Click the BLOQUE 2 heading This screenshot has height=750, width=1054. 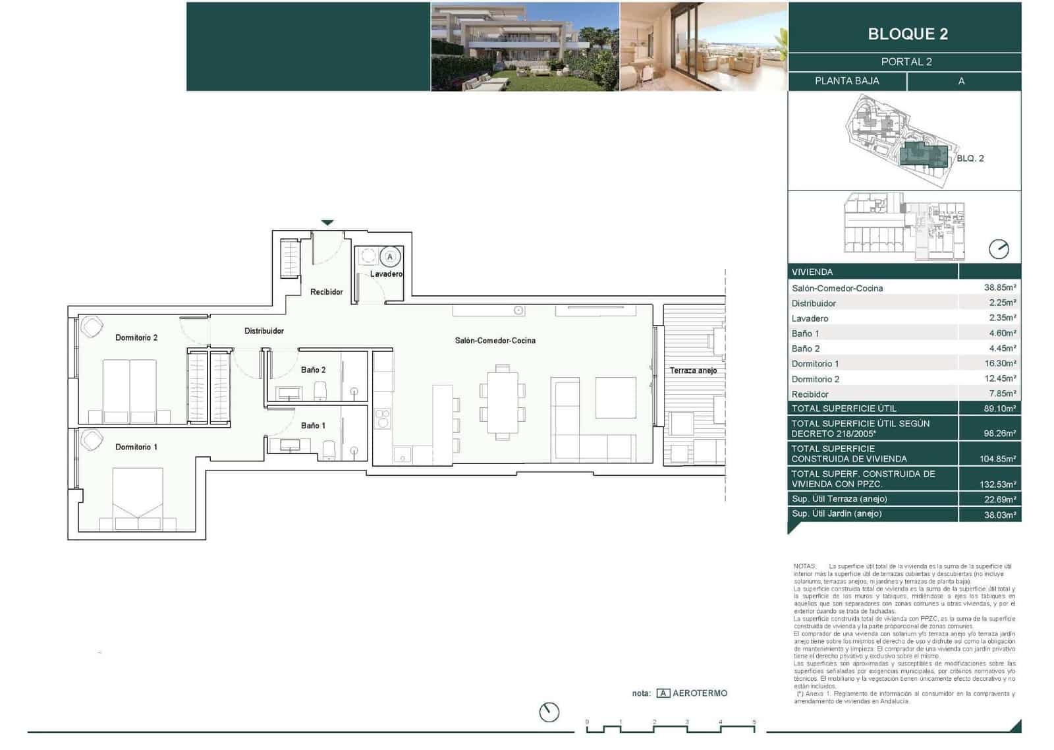point(907,34)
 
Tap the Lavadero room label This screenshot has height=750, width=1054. point(386,274)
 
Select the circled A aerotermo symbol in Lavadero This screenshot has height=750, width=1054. point(390,257)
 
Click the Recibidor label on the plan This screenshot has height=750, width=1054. point(326,292)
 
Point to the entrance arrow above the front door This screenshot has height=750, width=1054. point(327,223)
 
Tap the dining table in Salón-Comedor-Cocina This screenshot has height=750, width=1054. point(503,403)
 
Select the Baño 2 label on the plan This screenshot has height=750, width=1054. point(313,370)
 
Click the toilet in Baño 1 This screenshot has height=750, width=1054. point(329,450)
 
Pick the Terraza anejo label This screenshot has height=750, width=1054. point(693,370)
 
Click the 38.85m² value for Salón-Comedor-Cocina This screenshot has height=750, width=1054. point(999,288)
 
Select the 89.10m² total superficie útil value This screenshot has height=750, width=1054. point(999,409)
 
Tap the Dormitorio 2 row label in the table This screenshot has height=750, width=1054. point(816,379)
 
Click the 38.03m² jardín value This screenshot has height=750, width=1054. point(999,515)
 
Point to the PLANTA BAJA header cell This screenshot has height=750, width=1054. point(846,81)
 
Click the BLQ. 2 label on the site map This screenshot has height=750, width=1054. point(970,159)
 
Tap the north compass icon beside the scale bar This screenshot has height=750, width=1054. point(549,712)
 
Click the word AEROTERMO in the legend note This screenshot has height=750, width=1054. point(700,693)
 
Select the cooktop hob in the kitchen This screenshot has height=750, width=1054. point(382,418)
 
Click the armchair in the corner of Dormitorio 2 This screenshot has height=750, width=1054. point(92,327)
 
